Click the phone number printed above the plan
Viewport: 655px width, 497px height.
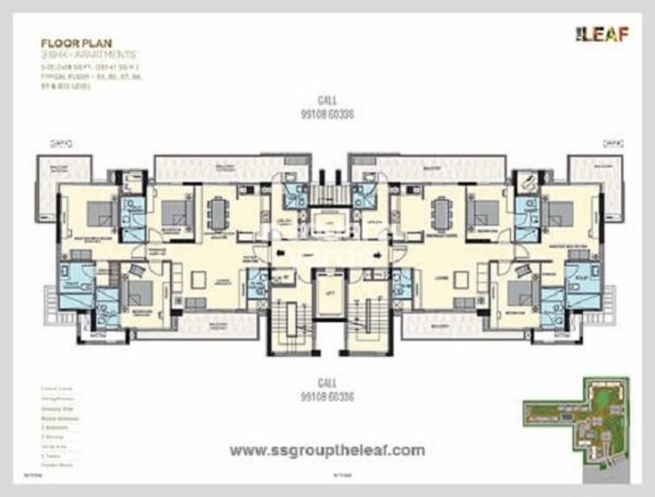click(328, 114)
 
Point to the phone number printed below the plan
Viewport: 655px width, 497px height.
click(328, 396)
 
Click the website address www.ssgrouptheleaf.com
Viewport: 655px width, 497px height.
click(327, 450)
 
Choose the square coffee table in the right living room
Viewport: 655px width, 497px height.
click(457, 279)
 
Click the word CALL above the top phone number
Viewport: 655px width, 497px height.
click(328, 101)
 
